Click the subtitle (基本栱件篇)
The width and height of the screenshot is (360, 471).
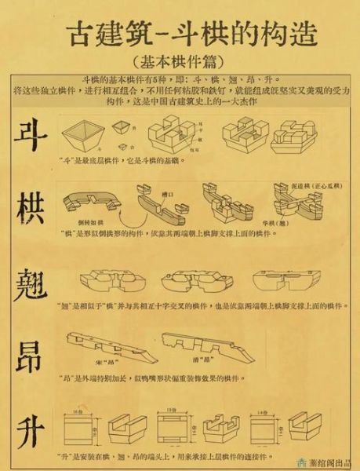[x=180, y=60]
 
